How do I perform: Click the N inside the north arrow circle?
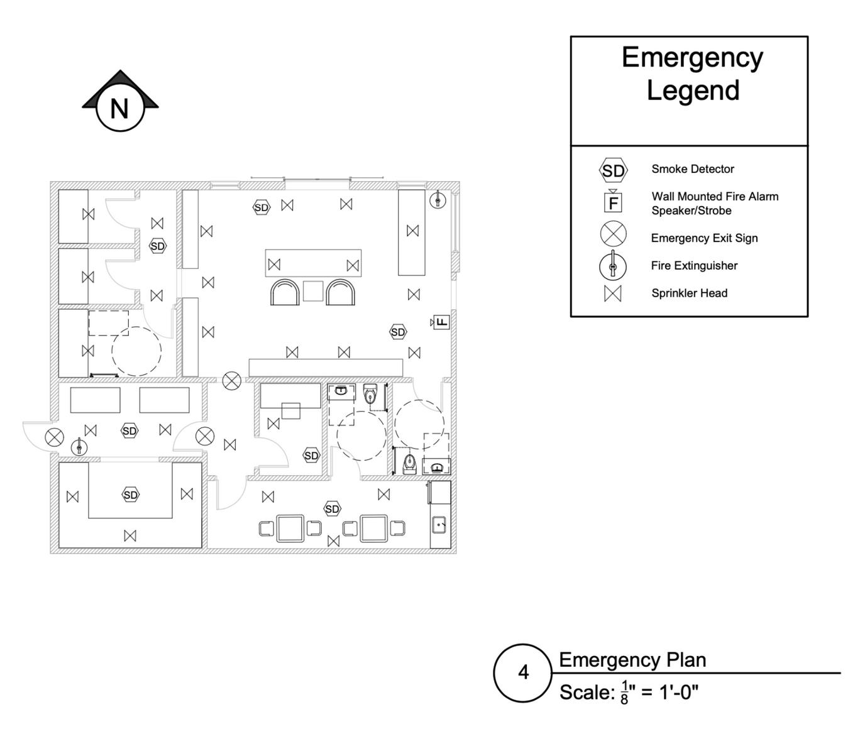tap(119, 109)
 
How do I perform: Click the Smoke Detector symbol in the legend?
tap(613, 170)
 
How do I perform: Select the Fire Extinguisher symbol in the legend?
tap(613, 266)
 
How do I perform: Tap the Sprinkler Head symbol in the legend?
tap(613, 293)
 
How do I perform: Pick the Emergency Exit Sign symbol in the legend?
tap(613, 234)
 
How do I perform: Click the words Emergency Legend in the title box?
tap(692, 74)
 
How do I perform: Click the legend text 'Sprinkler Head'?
tap(689, 293)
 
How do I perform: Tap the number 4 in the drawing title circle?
tap(523, 673)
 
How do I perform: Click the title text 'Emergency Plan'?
tap(632, 660)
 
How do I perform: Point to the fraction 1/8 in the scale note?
tap(624, 693)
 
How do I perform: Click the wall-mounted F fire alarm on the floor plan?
tap(442, 322)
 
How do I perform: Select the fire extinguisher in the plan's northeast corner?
tap(438, 200)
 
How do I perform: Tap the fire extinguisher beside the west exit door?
tap(79, 447)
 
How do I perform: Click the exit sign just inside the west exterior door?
tap(55, 437)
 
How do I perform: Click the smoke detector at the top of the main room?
tap(262, 207)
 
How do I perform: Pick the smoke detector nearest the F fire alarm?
tap(398, 332)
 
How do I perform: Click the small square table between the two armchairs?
tap(313, 291)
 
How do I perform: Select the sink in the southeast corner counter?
tap(439, 524)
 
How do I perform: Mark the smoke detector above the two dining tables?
tap(333, 509)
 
